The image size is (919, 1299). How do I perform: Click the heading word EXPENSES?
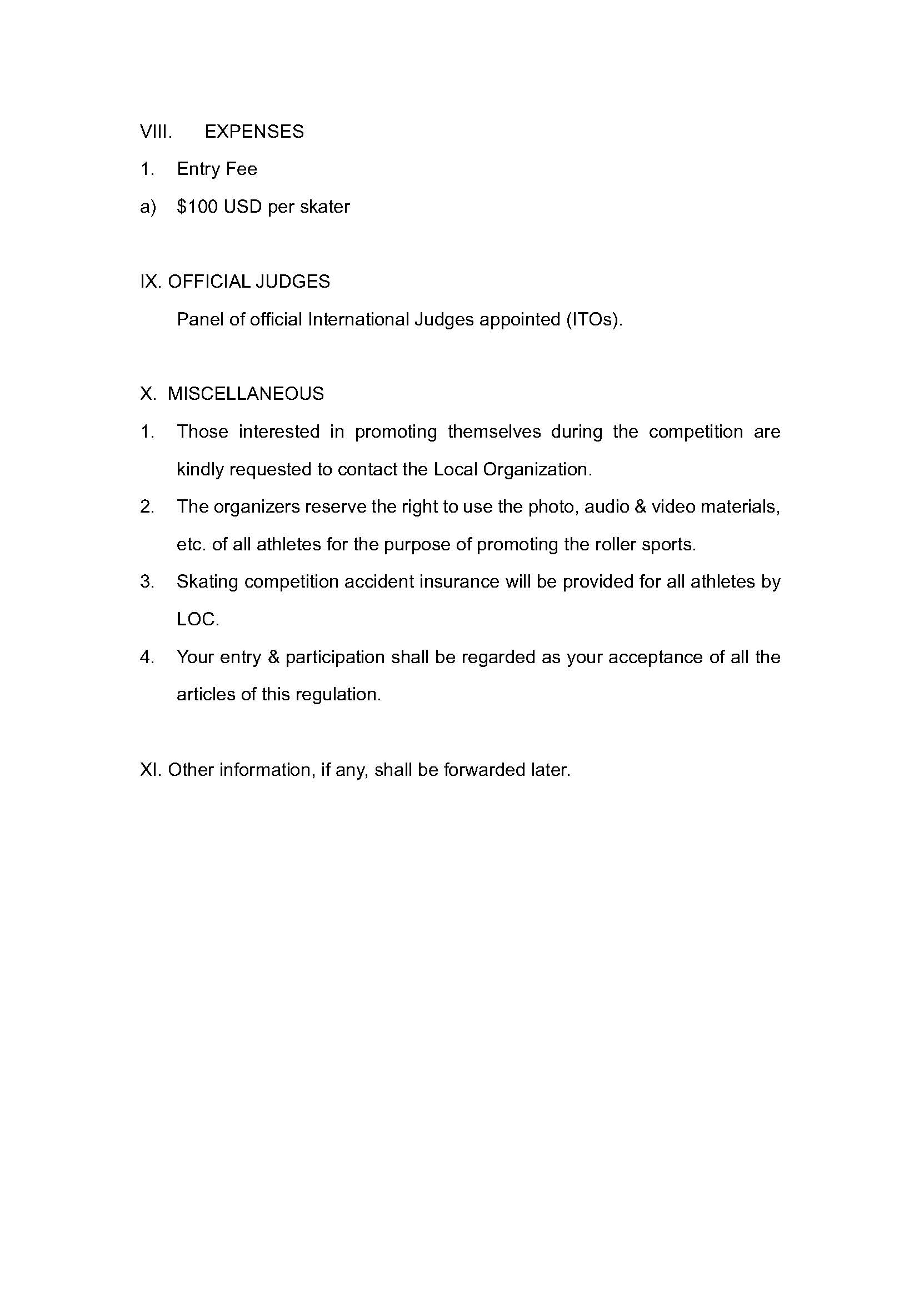(x=254, y=132)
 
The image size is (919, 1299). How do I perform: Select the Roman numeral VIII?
(x=156, y=132)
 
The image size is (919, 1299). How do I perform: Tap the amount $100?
(x=197, y=207)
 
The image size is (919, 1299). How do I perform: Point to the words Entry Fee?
(x=217, y=169)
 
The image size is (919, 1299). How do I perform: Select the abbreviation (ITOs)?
(x=593, y=320)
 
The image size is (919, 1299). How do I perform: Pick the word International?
(x=358, y=320)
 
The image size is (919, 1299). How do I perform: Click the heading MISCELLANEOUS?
(x=246, y=394)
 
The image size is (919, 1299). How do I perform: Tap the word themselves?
(x=494, y=432)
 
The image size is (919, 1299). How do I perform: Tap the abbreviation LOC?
(x=197, y=620)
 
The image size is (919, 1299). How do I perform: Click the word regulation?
(x=345, y=695)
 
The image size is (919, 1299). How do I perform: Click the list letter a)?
(x=148, y=207)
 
